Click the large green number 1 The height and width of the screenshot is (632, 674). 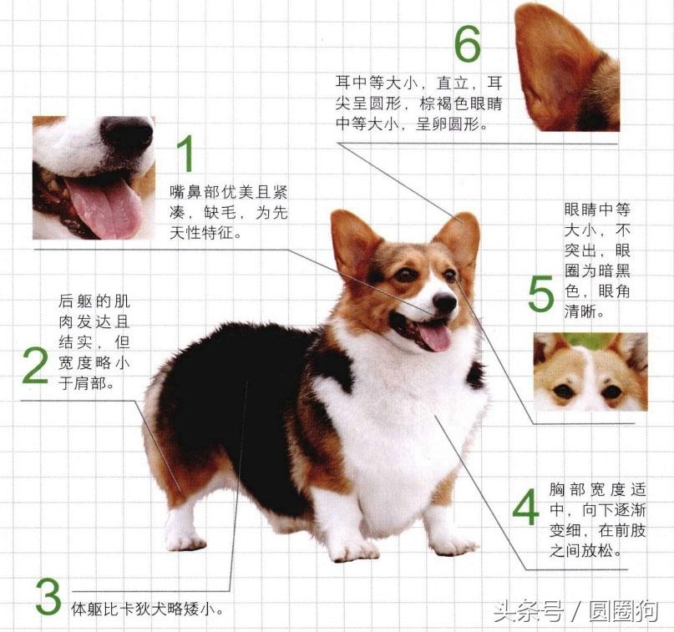(x=186, y=154)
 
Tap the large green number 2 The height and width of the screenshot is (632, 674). (x=34, y=366)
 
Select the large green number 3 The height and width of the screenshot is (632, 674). (x=48, y=594)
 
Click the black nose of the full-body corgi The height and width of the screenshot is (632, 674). (x=444, y=302)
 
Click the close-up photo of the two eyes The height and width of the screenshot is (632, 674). (x=590, y=372)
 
